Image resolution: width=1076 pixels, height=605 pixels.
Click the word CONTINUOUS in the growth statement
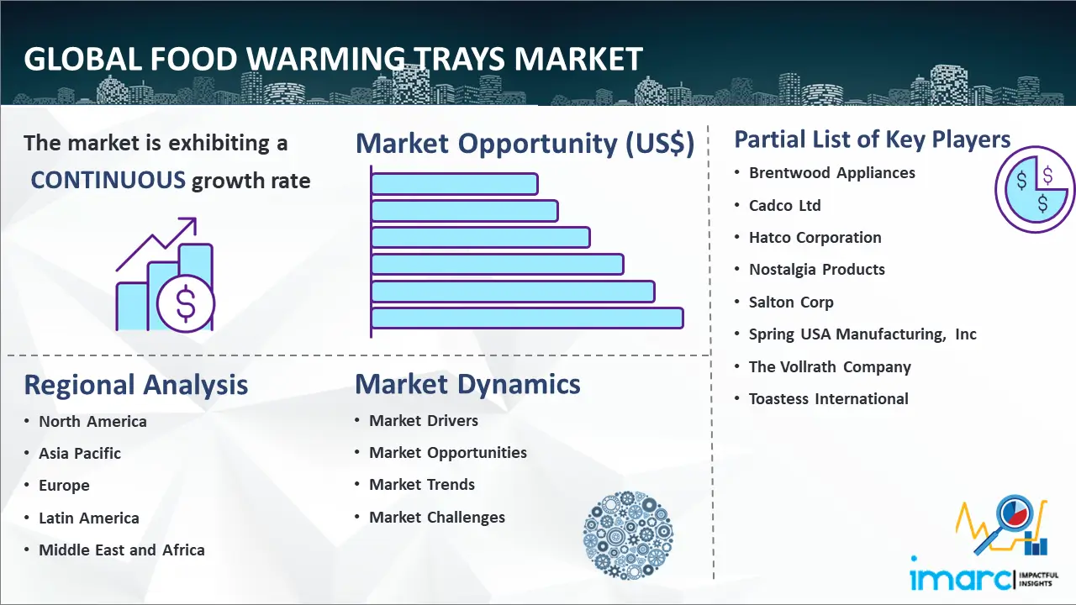108,181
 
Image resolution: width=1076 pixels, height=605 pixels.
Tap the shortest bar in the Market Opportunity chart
455,184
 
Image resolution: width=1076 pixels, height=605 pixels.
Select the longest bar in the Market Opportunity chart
527,318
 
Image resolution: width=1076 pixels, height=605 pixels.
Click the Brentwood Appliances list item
832,173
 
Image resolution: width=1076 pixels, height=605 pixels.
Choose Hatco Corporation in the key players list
815,237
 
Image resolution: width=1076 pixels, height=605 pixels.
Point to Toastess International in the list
829,398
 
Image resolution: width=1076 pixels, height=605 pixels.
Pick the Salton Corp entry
791,302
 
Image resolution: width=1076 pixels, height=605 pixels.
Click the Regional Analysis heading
136,385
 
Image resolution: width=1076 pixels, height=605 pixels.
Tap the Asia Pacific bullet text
80,453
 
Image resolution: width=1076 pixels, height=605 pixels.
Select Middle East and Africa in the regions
122,550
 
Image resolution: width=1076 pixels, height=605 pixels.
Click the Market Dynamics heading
467,384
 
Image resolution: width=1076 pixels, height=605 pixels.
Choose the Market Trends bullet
422,485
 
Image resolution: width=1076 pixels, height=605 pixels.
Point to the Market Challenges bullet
436,517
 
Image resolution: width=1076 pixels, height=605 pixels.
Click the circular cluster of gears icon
628,535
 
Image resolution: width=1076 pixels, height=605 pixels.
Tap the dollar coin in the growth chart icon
186,304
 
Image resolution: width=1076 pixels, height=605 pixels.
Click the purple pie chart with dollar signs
1035,189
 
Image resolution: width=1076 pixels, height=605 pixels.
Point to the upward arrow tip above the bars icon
196,219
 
